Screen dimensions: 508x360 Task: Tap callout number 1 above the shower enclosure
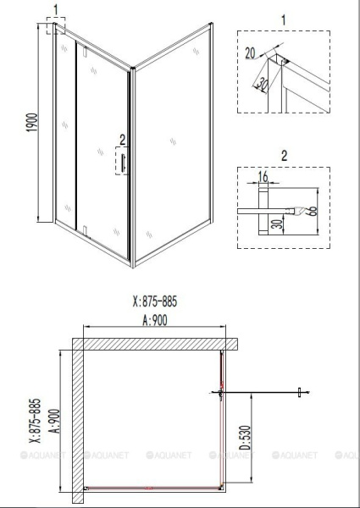tap(56, 11)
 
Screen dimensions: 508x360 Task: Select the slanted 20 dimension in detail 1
tap(264, 84)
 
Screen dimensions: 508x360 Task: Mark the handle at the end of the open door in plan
tap(299, 391)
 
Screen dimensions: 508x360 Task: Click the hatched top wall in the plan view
tap(152, 345)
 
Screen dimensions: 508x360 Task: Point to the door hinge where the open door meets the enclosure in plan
tap(222, 391)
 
